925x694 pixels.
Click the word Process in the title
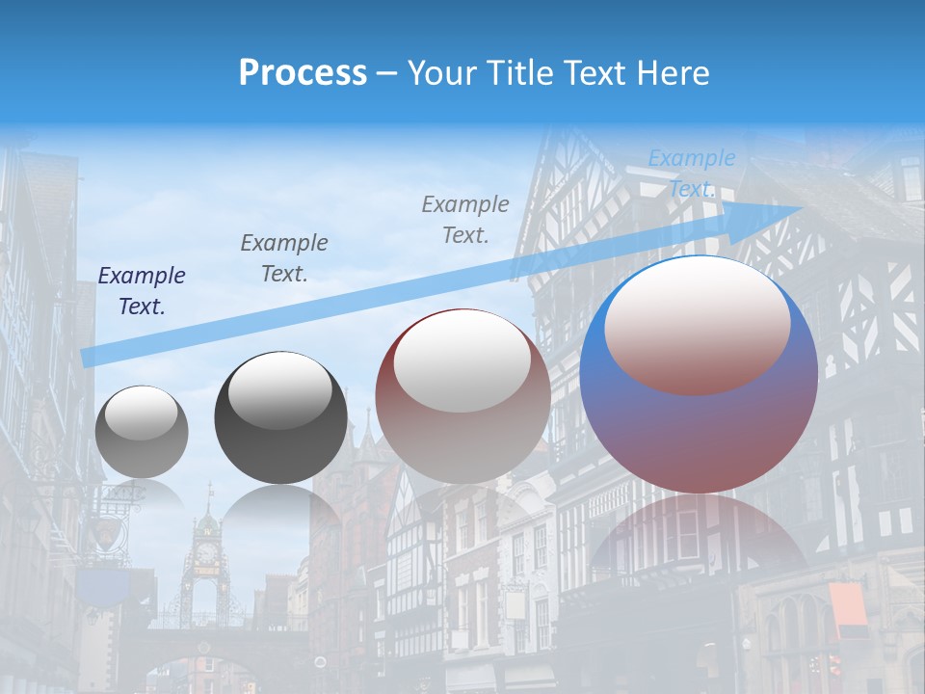coord(303,73)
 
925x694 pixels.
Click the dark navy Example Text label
coord(142,290)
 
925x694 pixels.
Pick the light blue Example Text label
coord(692,173)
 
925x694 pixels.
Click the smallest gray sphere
coord(142,432)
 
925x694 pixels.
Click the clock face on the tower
coord(205,553)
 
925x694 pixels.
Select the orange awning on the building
coord(847,610)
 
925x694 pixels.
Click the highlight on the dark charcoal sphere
coord(280,390)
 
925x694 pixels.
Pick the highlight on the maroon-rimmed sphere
coord(462,361)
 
